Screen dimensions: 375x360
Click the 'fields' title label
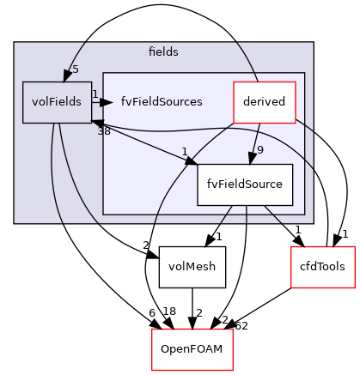pyautogui.click(x=163, y=52)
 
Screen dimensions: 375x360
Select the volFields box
pyautogui.click(x=58, y=102)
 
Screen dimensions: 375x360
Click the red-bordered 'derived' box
pyautogui.click(x=265, y=102)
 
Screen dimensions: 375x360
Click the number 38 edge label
pyautogui.click(x=104, y=131)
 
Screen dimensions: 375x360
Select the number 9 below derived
pyautogui.click(x=259, y=148)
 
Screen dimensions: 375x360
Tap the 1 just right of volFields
pyautogui.click(x=95, y=94)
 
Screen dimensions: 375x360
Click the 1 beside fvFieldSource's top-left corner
pyautogui.click(x=185, y=153)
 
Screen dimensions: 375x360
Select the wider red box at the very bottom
pyautogui.click(x=192, y=349)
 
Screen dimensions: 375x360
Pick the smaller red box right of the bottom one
pyautogui.click(x=323, y=267)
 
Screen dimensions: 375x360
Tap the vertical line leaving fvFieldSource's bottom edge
pyautogui.click(x=247, y=215)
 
